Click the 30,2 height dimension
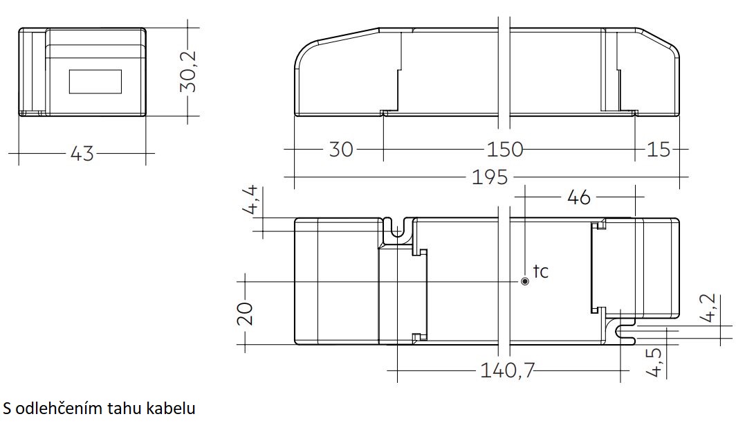point(188,71)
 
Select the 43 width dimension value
point(82,154)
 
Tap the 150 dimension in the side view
point(504,150)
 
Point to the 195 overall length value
point(490,177)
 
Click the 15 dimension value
point(659,150)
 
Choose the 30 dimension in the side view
point(341,150)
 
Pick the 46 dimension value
point(579,197)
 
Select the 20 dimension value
point(245,314)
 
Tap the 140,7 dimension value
point(508,370)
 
